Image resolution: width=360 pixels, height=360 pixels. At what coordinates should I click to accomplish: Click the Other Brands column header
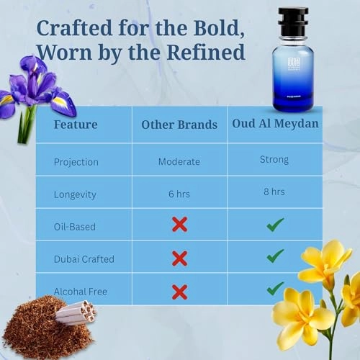(179, 124)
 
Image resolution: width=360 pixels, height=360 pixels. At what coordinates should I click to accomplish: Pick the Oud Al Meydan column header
(275, 123)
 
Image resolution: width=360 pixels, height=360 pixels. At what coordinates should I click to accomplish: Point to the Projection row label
(77, 161)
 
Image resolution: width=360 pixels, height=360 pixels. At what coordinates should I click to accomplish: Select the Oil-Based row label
(75, 226)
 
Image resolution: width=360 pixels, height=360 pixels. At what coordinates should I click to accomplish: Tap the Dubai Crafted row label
(84, 258)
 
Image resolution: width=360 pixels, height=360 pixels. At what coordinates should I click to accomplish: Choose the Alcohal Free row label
(82, 291)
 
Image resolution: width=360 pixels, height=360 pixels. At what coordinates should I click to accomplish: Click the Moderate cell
(179, 161)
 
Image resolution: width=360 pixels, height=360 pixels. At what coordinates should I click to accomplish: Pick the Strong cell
(275, 159)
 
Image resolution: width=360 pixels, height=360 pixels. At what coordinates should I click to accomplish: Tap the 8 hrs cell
(275, 192)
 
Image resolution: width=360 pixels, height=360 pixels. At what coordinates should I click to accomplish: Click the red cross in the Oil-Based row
(179, 225)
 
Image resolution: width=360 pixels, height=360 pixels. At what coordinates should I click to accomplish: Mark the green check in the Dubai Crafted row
(275, 257)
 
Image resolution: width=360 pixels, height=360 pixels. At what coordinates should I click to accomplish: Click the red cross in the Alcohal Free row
(179, 292)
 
